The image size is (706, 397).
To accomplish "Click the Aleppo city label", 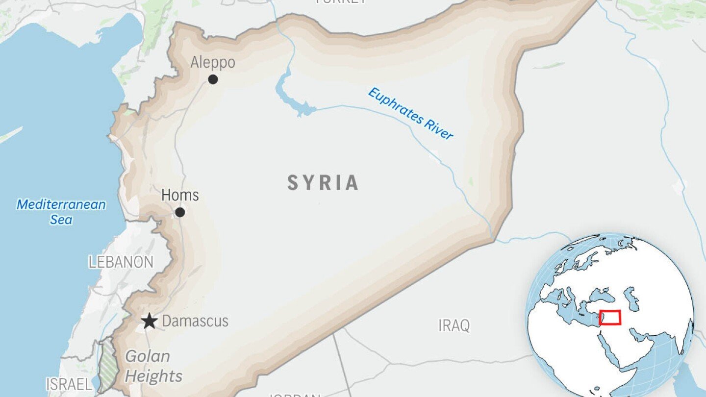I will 213,63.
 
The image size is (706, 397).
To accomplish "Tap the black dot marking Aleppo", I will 213,79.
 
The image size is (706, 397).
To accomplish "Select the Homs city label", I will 180,195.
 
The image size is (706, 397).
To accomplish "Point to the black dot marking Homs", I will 180,212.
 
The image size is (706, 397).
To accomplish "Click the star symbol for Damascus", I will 150,322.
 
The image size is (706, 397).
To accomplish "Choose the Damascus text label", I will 195,321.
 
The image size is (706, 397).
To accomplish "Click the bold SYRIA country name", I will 323,183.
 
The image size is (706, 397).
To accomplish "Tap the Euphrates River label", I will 411,114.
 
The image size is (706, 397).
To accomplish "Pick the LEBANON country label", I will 121,262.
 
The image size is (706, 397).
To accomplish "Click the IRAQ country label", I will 454,325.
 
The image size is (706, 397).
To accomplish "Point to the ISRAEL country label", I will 69,384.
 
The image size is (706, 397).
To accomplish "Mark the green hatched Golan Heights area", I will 107,365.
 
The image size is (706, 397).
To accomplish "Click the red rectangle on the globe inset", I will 610,318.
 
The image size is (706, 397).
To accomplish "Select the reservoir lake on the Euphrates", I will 289,96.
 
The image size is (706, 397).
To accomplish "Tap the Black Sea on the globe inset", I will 599,295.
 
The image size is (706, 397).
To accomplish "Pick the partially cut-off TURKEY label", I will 340,2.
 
